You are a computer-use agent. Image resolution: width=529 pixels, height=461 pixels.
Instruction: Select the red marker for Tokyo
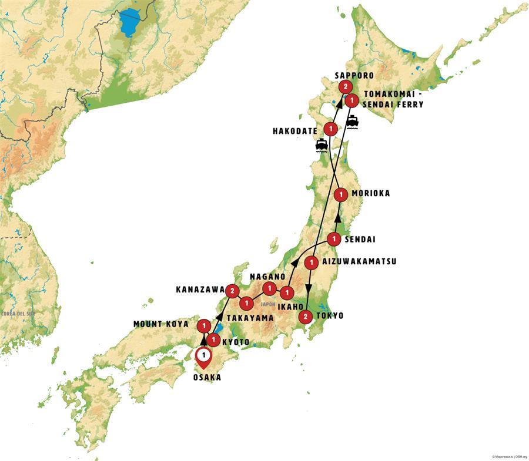(x=304, y=317)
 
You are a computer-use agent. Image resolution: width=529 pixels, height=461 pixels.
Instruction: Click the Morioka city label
(x=370, y=193)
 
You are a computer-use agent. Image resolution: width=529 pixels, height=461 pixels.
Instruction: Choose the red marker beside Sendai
(x=333, y=239)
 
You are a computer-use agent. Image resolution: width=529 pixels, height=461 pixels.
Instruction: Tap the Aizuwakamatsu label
(x=359, y=261)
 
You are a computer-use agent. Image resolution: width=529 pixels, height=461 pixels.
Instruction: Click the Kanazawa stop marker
(x=233, y=290)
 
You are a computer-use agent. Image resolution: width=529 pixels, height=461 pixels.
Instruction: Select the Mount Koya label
(x=160, y=324)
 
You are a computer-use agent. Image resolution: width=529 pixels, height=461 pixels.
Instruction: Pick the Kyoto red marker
(x=214, y=339)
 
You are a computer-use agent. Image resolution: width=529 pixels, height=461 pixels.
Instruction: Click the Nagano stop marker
(x=269, y=288)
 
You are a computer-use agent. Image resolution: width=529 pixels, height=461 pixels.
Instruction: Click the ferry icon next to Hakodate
(x=322, y=144)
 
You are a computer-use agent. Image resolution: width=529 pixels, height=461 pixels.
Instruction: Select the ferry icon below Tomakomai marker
(x=352, y=122)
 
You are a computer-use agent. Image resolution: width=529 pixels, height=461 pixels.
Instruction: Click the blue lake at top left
(x=132, y=24)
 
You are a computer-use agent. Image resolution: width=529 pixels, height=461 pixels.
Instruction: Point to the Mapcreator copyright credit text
(x=509, y=456)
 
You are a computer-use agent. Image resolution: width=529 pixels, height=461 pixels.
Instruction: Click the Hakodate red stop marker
(x=331, y=128)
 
